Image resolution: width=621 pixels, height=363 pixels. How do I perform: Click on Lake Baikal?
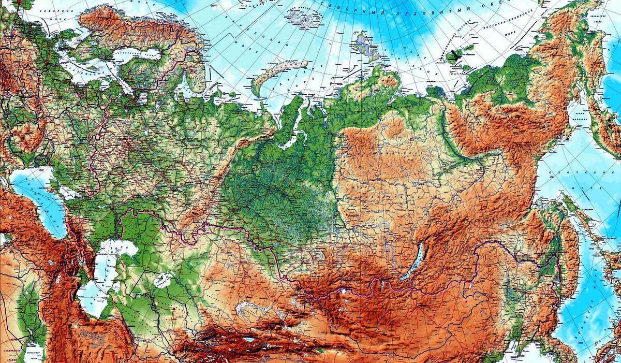tap(416, 262)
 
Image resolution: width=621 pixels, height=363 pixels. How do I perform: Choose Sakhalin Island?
tap(574, 228)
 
